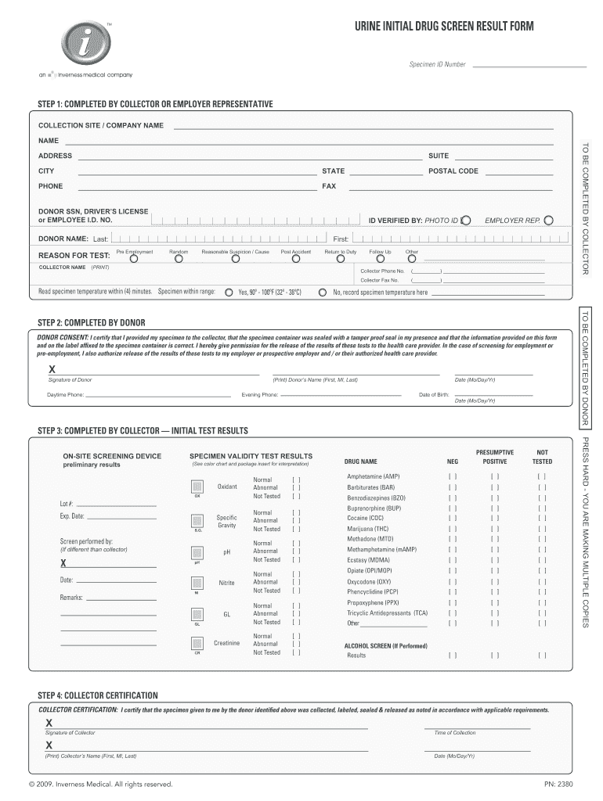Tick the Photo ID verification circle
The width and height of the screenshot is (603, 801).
pos(466,221)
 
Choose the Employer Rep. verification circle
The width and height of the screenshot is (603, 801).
pos(549,221)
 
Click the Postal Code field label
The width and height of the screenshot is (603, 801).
pos(453,171)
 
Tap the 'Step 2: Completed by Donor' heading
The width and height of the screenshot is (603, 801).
pos(92,322)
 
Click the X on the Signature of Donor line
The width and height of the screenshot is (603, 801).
pos(52,369)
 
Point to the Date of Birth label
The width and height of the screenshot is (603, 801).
pos(434,394)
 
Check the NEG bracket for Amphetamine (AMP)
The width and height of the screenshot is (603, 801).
pos(453,476)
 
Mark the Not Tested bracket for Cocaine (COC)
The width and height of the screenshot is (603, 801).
pos(542,518)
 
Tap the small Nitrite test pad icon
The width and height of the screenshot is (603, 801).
pos(197,583)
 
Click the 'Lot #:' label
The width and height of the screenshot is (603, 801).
pos(67,503)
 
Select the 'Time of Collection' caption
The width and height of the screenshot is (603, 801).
pos(454,732)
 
